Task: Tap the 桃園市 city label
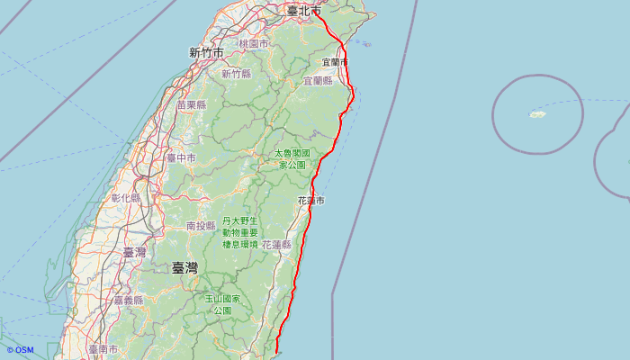[x=253, y=43]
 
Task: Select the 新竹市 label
[x=206, y=53]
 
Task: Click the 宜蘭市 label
[x=334, y=62]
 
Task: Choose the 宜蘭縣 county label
[x=318, y=81]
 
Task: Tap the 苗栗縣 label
[x=192, y=105]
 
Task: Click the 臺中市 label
[x=181, y=158]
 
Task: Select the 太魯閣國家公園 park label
[x=292, y=159]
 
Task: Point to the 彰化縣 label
[x=126, y=198]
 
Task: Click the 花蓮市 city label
[x=310, y=200]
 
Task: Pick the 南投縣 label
[x=201, y=226]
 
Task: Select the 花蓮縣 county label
[x=277, y=245]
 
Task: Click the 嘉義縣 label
[x=128, y=301]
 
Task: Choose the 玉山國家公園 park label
[x=222, y=304]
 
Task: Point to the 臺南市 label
[x=103, y=348]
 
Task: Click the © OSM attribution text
[x=20, y=350]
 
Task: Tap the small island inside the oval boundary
[x=537, y=114]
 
